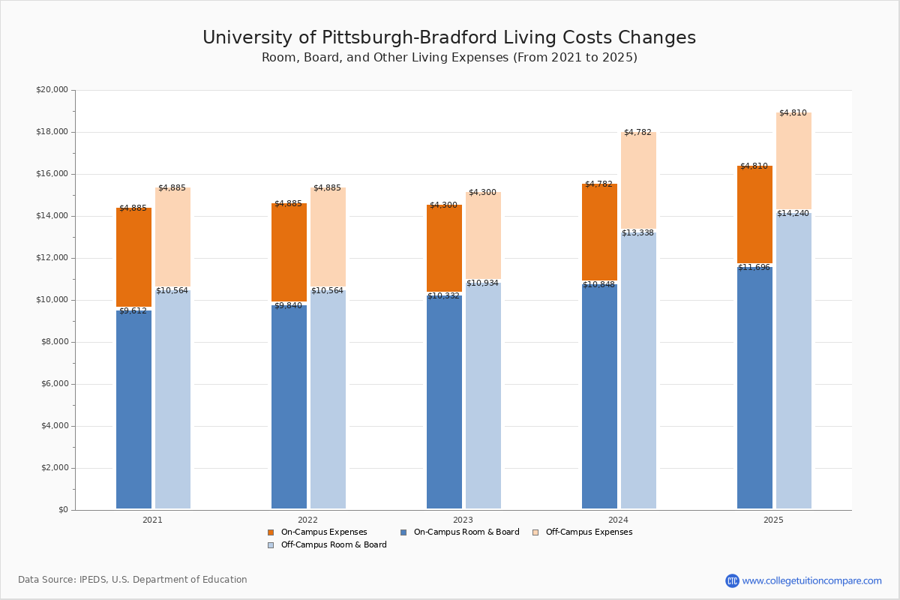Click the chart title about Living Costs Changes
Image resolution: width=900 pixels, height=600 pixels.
(x=449, y=38)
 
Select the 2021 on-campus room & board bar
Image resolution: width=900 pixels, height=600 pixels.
(x=133, y=409)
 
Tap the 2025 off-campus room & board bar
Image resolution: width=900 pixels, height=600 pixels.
(x=793, y=360)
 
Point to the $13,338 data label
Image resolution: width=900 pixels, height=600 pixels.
(x=637, y=233)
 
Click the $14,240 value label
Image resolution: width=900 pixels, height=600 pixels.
(x=793, y=214)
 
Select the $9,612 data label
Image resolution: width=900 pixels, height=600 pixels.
(x=133, y=311)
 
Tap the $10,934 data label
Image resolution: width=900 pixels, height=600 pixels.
(x=482, y=283)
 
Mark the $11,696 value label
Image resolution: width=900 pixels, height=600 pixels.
(x=754, y=268)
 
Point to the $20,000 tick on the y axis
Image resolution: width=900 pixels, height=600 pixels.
(x=52, y=90)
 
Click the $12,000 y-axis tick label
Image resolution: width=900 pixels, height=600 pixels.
(x=52, y=258)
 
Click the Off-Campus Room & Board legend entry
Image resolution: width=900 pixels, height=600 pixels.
(x=334, y=545)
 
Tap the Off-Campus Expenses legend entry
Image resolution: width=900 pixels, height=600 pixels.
(x=589, y=532)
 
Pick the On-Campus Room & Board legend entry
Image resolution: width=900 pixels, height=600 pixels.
(x=466, y=532)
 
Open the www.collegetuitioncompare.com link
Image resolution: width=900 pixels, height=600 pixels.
(x=811, y=580)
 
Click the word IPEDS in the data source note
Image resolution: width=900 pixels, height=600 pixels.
(x=94, y=580)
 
